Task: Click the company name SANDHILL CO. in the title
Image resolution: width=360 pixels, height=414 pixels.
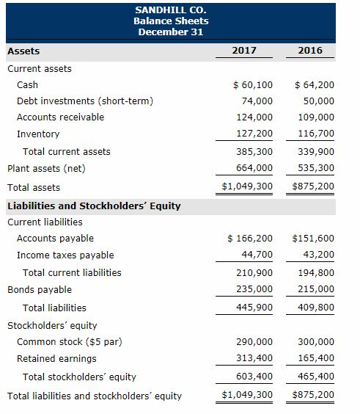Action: pyautogui.click(x=171, y=10)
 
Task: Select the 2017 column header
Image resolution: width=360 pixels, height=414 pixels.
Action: pyautogui.click(x=243, y=51)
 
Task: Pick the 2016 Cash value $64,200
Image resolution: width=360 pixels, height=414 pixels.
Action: pyautogui.click(x=314, y=84)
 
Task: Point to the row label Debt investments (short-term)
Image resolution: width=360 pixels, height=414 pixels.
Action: pyautogui.click(x=85, y=101)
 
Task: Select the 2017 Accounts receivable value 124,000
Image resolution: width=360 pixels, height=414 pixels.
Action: pyautogui.click(x=255, y=117)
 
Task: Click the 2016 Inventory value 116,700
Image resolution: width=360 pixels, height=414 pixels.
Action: pyautogui.click(x=317, y=134)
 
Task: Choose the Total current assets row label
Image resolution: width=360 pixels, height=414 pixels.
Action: pyautogui.click(x=67, y=151)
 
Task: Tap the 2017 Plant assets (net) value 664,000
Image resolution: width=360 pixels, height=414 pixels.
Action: pyautogui.click(x=255, y=168)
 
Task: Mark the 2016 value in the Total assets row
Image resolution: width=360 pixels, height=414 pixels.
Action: pyautogui.click(x=313, y=186)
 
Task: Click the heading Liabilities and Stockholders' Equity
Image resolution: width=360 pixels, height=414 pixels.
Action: pyautogui.click(x=94, y=206)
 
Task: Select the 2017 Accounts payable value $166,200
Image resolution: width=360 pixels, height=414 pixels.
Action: pyautogui.click(x=250, y=238)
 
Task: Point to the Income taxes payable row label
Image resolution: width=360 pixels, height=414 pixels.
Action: pyautogui.click(x=65, y=255)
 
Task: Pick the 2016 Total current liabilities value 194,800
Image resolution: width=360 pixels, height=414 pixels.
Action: pyautogui.click(x=317, y=272)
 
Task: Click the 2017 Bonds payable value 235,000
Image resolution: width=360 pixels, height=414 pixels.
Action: pyautogui.click(x=255, y=289)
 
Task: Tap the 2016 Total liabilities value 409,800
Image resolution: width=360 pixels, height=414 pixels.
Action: pyautogui.click(x=317, y=308)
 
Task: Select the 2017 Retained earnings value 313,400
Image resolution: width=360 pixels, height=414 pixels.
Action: pyautogui.click(x=255, y=358)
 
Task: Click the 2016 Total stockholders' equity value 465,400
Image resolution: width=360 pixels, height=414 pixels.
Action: pyautogui.click(x=317, y=377)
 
